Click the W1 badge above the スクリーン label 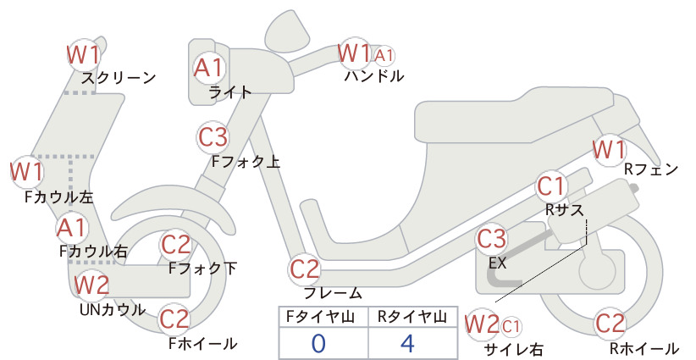click(x=84, y=54)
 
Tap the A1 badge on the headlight click(x=208, y=68)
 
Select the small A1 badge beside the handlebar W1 click(x=384, y=56)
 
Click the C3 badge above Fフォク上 click(x=213, y=137)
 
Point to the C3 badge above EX click(x=491, y=239)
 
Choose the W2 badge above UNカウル click(x=91, y=285)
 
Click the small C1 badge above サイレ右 click(x=511, y=327)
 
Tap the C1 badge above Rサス click(x=551, y=186)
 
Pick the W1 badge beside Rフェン click(x=609, y=150)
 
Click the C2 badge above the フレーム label click(x=305, y=269)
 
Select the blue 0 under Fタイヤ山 click(x=318, y=343)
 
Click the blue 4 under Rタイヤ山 click(x=407, y=343)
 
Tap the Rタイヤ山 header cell click(x=412, y=317)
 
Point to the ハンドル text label click(x=374, y=76)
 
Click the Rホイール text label click(x=644, y=348)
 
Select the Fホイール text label click(x=203, y=344)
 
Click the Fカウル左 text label click(x=59, y=197)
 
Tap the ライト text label click(x=230, y=92)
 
